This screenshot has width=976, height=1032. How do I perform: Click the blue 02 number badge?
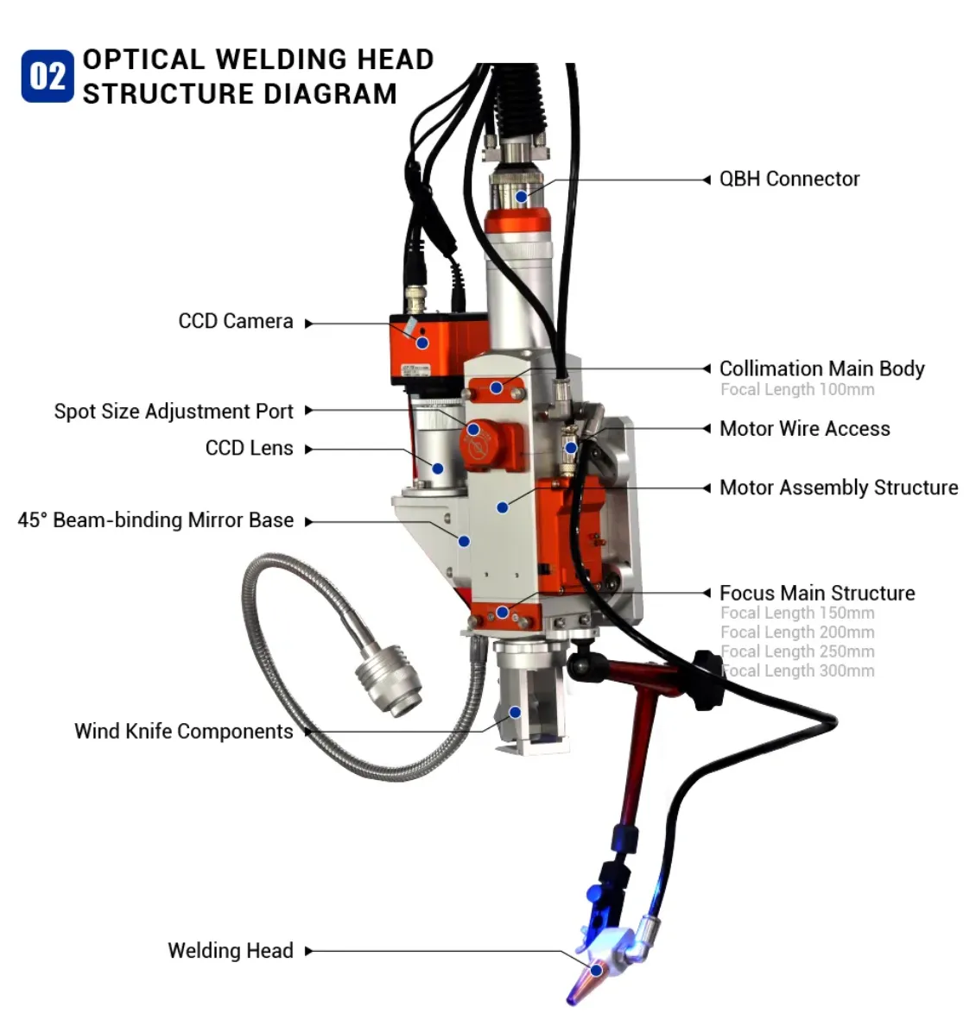pyautogui.click(x=48, y=77)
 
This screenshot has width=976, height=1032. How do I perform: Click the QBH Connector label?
pyautogui.click(x=789, y=179)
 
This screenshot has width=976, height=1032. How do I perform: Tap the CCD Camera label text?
pyautogui.click(x=236, y=322)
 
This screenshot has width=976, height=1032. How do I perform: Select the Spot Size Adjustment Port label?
pyautogui.click(x=174, y=412)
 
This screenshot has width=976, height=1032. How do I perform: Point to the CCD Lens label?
pyautogui.click(x=249, y=449)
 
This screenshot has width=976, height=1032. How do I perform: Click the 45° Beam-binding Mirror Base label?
pyautogui.click(x=155, y=520)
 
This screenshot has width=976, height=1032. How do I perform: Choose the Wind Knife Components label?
pyautogui.click(x=183, y=732)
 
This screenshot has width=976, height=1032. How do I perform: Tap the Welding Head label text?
pyautogui.click(x=231, y=951)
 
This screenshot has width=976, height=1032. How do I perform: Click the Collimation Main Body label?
pyautogui.click(x=821, y=369)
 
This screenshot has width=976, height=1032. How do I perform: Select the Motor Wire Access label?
pyautogui.click(x=804, y=429)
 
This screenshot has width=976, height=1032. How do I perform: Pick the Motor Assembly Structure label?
pyautogui.click(x=838, y=488)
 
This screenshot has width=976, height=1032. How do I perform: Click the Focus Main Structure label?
pyautogui.click(x=816, y=594)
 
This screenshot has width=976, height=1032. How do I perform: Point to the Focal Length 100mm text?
pyautogui.click(x=797, y=390)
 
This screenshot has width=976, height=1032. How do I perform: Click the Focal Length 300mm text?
pyautogui.click(x=797, y=671)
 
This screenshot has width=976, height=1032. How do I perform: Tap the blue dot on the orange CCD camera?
pyautogui.click(x=422, y=343)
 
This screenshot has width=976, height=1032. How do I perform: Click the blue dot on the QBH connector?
pyautogui.click(x=522, y=197)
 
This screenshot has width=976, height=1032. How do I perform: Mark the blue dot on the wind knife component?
pyautogui.click(x=515, y=713)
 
